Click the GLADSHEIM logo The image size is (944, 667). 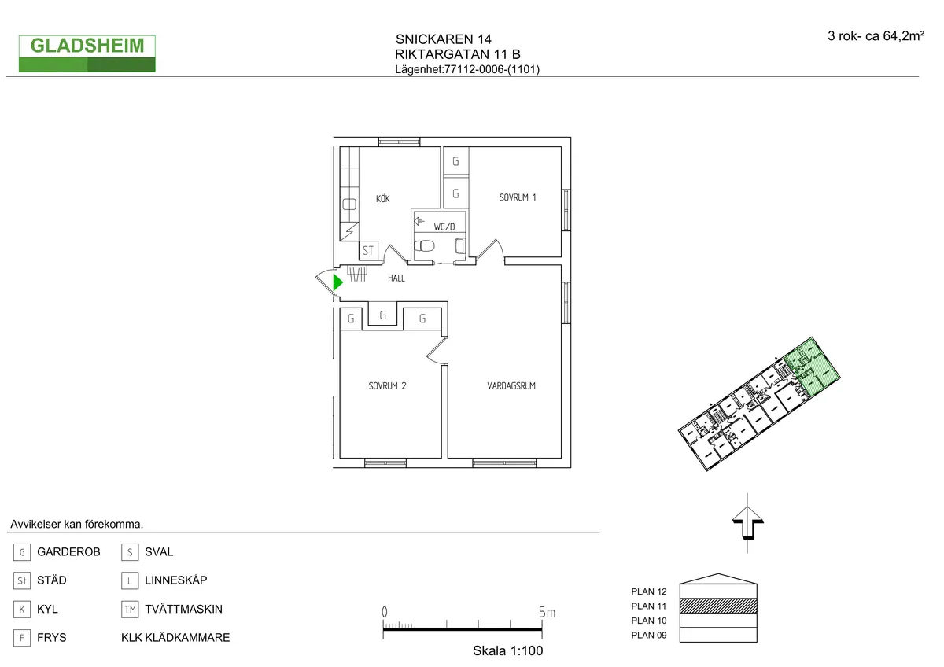pos(87,53)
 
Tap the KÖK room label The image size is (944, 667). pos(382,199)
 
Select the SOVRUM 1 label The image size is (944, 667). pos(518,197)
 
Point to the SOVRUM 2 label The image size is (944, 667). pos(387,385)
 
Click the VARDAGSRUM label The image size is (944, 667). pos(511,385)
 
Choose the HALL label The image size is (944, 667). pos(396,278)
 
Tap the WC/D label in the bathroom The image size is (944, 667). pos(444,227)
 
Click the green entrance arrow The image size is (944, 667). pos(337,282)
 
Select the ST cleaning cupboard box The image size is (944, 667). pos(368,251)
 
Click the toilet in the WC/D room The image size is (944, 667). pos(426,245)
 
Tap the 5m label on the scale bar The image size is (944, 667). pos(548,612)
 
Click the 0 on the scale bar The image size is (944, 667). pos(384,612)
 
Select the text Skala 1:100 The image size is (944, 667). pos(507,651)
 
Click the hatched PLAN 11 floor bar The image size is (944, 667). pos(718,606)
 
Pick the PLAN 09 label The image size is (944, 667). pos(649,635)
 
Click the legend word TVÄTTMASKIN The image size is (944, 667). pos(183,609)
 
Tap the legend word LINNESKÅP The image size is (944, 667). pos(175,580)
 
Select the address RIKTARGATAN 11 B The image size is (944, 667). pos(457,54)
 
